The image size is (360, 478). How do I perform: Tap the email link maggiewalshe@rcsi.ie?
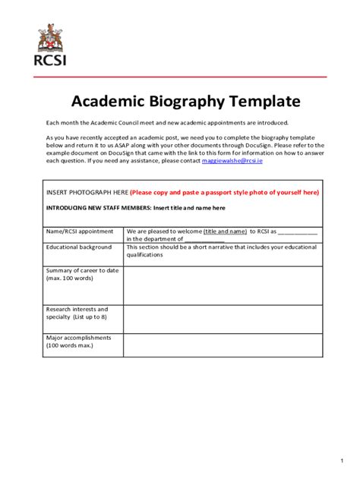tap(232, 161)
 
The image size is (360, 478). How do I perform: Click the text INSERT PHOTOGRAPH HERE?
tap(87, 193)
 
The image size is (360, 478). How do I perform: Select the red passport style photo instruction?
tap(224, 193)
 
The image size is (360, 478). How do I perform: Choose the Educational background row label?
tap(79, 247)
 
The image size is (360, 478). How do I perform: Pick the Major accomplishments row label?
tap(78, 341)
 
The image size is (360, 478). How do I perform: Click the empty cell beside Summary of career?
tap(223, 285)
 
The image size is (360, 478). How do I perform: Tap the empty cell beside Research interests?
tap(223, 319)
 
